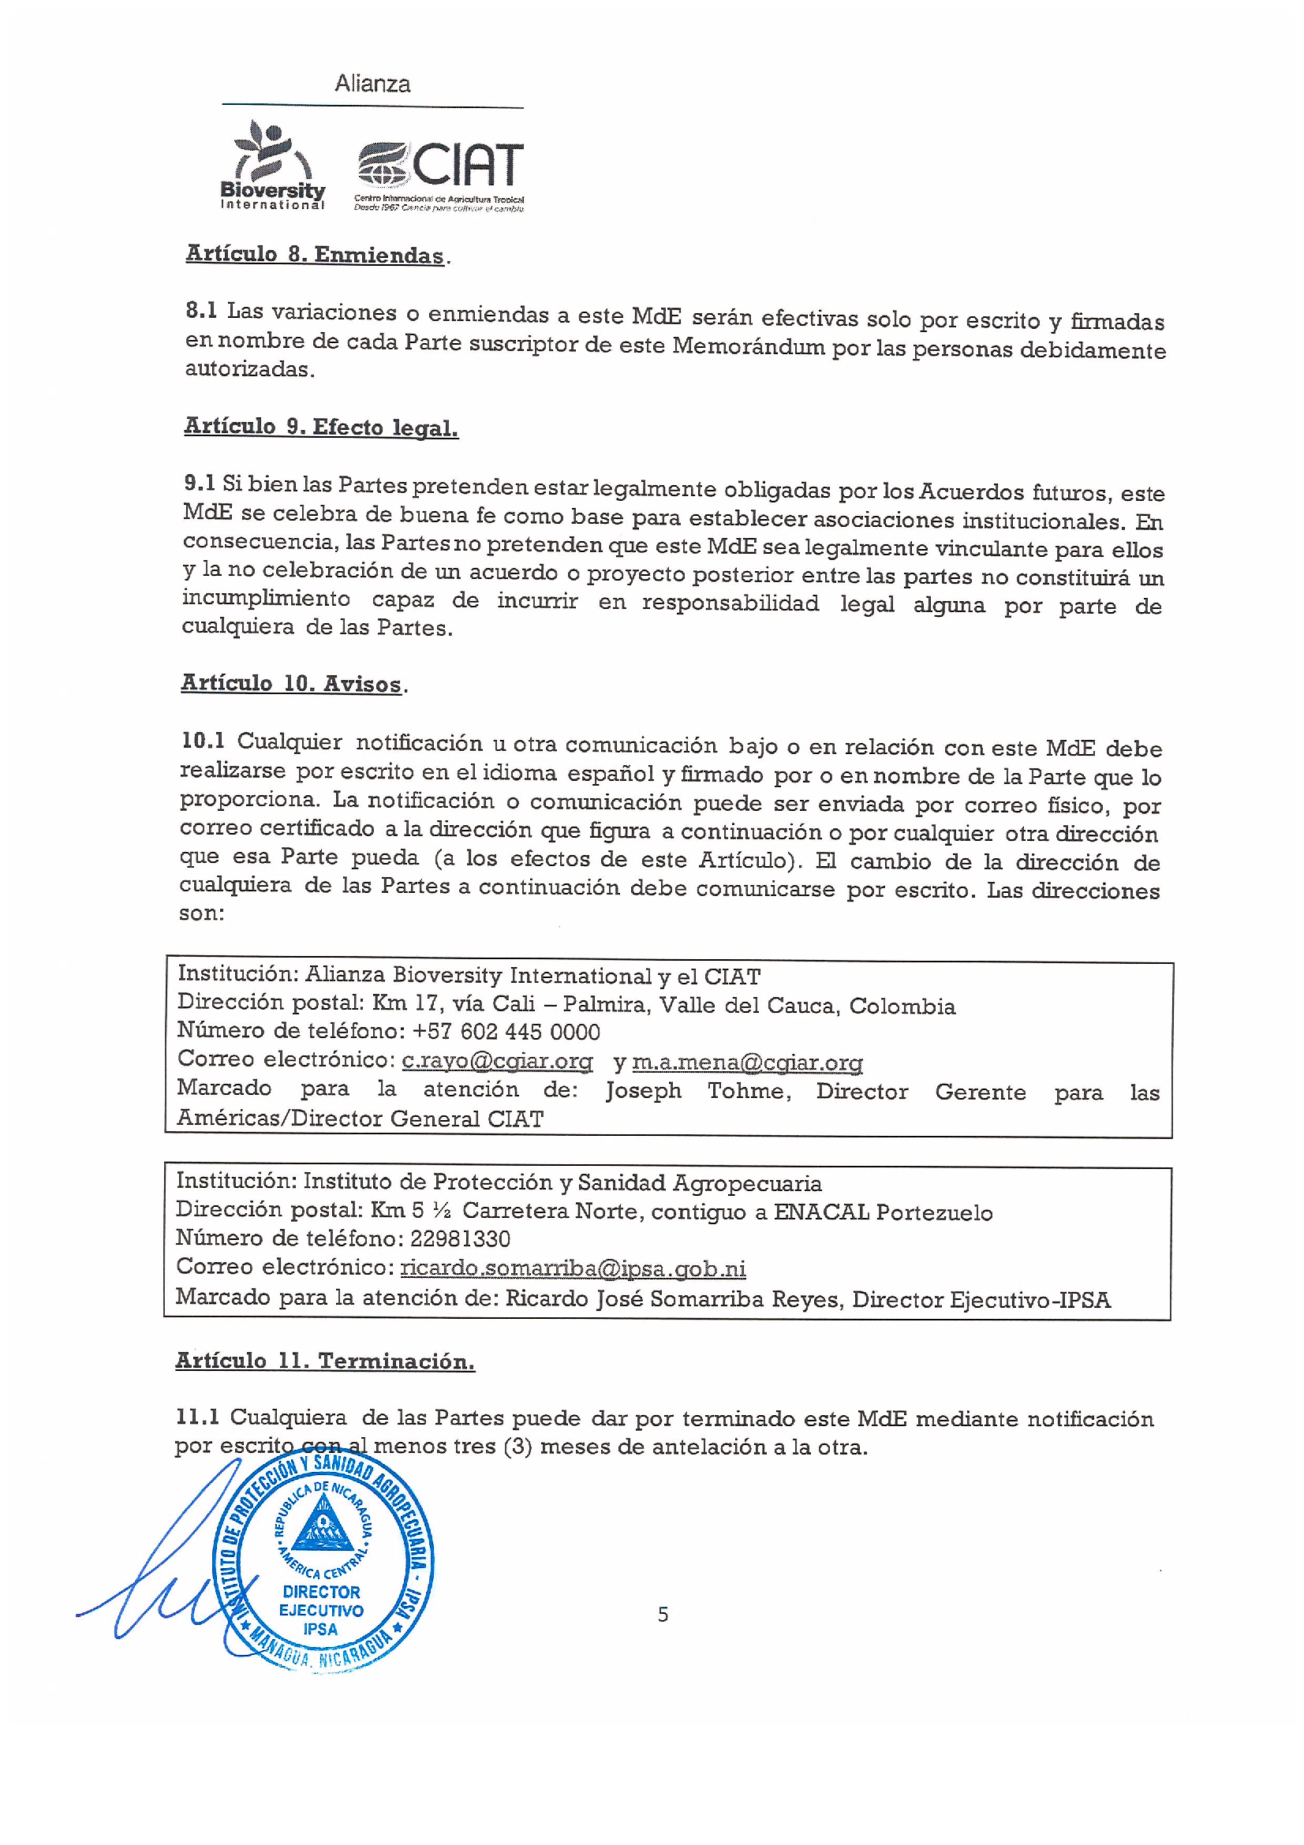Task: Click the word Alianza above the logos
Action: (x=372, y=84)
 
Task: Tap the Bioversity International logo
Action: (x=272, y=165)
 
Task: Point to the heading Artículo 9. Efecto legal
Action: (x=320, y=427)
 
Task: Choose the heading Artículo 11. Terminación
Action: (x=324, y=1361)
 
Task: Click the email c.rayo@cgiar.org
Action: (x=496, y=1061)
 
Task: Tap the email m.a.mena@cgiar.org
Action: (x=746, y=1063)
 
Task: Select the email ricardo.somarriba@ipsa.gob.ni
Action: (x=572, y=1268)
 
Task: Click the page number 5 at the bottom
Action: (x=662, y=1615)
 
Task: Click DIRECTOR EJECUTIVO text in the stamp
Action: (x=320, y=1600)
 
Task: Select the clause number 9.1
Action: (x=200, y=483)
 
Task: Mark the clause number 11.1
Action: (x=197, y=1417)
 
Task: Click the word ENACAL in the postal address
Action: (x=820, y=1212)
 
